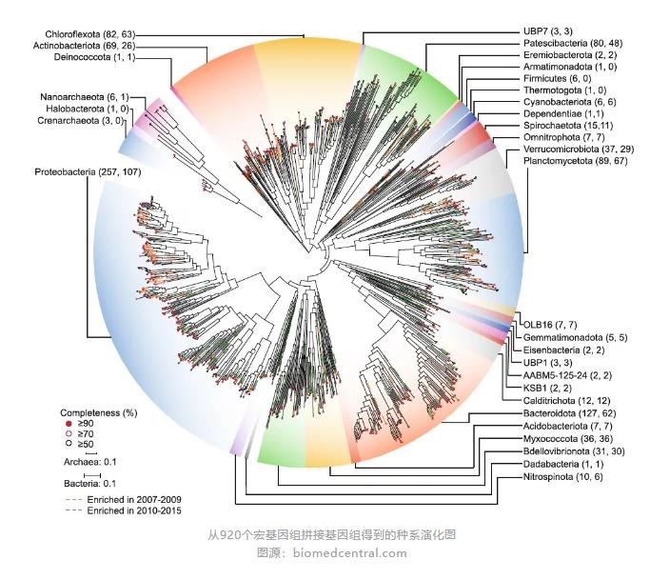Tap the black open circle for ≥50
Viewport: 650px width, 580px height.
(x=68, y=444)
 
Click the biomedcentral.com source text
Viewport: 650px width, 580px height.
(x=351, y=553)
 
